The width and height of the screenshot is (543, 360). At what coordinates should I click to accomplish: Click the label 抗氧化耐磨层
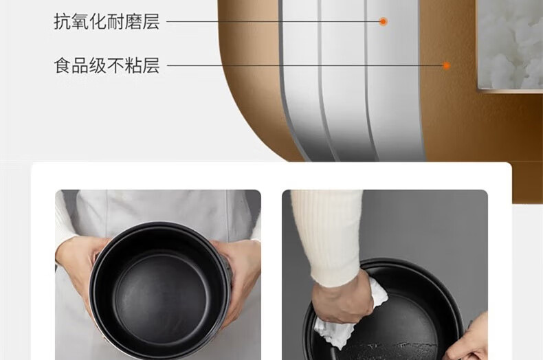(x=107, y=21)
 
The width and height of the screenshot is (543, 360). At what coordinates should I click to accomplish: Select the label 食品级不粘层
(x=107, y=66)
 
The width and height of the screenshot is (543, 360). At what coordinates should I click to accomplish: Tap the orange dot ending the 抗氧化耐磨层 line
(x=384, y=21)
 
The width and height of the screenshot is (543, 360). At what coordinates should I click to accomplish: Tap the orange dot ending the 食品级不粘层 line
(x=445, y=66)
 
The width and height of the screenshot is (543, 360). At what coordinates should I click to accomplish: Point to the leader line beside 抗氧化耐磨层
(x=275, y=21)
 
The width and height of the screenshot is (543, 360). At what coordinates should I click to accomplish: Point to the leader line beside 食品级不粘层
(x=302, y=66)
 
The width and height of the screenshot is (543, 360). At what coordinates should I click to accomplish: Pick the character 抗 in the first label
(x=63, y=21)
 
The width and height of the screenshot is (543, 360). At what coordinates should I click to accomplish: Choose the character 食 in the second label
(x=63, y=66)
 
